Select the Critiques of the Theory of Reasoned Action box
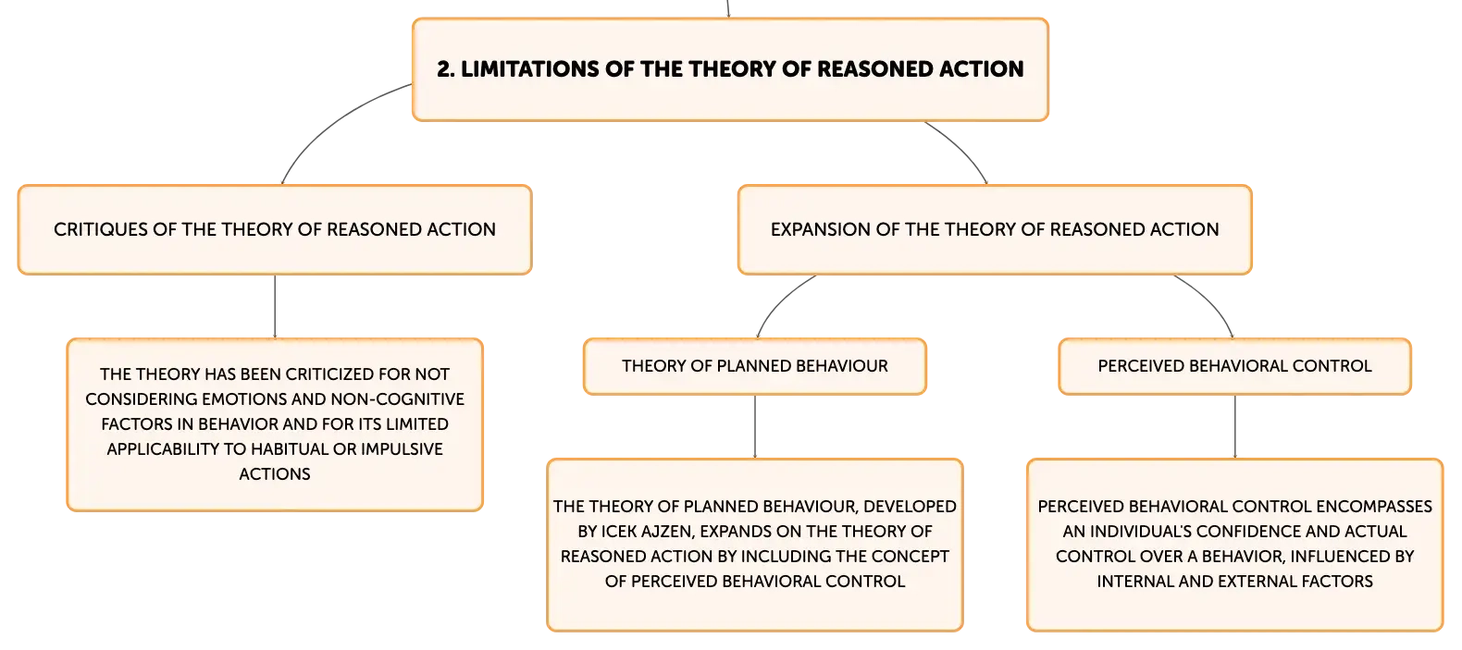(275, 229)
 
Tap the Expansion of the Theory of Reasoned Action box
(995, 229)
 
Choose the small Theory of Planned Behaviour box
(755, 366)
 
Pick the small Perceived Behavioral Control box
(1235, 366)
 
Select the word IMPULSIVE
(402, 449)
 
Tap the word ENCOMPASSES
(1374, 507)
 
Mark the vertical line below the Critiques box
(275, 306)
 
